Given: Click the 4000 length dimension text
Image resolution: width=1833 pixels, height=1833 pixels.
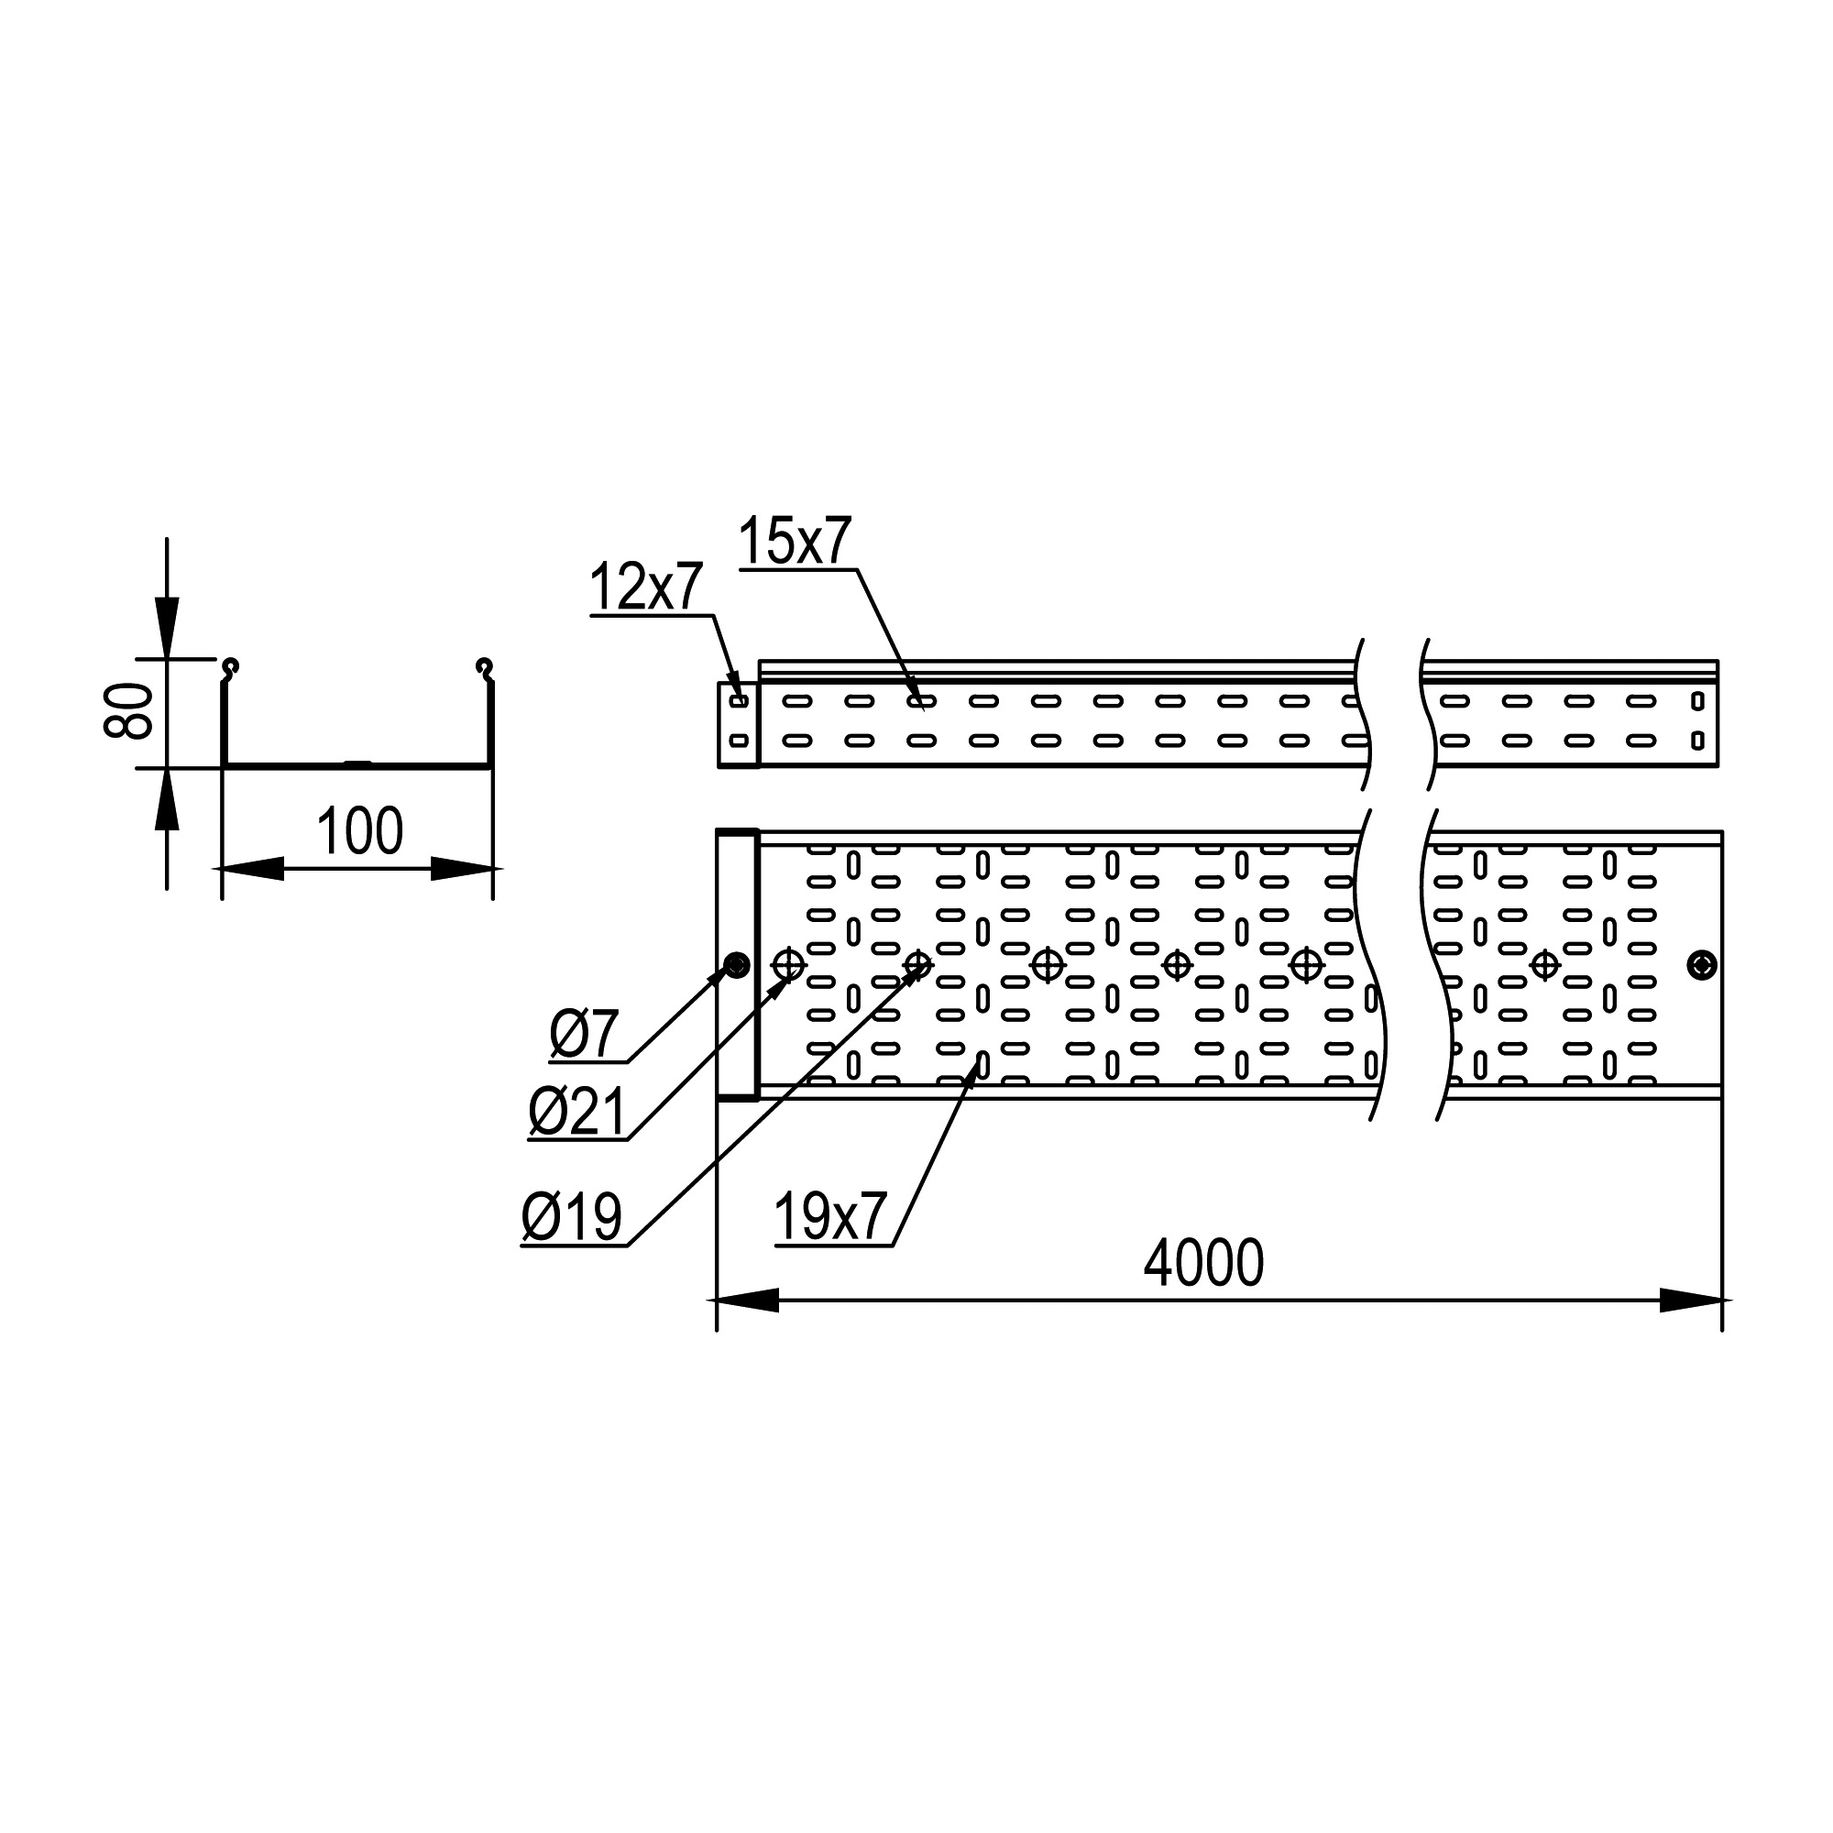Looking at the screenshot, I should [1203, 1263].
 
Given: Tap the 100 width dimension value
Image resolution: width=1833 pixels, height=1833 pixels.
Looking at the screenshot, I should [359, 831].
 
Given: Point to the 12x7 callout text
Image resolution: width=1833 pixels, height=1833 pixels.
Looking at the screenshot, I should [646, 587].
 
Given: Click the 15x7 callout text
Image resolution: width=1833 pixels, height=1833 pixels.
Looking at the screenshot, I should [795, 541].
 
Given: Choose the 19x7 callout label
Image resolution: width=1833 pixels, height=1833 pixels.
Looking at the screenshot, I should [830, 1216].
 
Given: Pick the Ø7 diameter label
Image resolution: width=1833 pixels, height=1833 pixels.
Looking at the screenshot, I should [585, 1034].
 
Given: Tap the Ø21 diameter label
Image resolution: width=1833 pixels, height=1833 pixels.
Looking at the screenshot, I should [576, 1112].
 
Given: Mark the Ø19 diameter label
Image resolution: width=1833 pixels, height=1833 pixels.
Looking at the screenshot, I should [571, 1216].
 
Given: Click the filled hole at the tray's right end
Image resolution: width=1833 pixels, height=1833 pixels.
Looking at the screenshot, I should [1702, 965].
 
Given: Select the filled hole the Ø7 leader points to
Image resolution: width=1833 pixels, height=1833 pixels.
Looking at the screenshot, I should [736, 966].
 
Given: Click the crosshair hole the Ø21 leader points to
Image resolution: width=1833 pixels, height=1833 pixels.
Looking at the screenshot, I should [788, 965].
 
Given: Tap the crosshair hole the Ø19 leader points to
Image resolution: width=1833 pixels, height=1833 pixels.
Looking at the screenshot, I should [917, 965].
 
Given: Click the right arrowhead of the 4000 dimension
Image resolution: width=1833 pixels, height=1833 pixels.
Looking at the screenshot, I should [1691, 1300].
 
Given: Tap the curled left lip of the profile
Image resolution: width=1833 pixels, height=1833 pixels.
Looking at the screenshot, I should [230, 668].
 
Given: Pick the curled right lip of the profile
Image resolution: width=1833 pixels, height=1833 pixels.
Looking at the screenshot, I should [485, 668].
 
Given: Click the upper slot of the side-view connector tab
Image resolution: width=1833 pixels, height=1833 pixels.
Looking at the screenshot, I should [739, 701].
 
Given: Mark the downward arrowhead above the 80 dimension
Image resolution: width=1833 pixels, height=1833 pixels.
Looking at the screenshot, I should [167, 626].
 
